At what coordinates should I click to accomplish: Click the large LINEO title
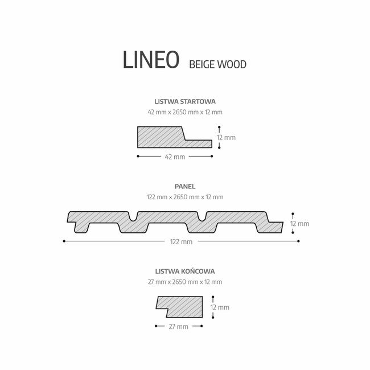coord(151,59)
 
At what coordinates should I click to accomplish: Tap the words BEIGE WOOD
coord(218,64)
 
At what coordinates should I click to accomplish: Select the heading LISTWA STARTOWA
coord(185,102)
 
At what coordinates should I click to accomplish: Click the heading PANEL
coord(185,187)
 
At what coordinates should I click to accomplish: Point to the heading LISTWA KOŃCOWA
coord(185,272)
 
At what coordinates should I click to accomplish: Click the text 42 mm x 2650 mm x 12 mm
coord(185,112)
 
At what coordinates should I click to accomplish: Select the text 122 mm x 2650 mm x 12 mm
coord(185,197)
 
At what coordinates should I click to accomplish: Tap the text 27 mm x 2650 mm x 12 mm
coord(185,282)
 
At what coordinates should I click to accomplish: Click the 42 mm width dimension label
coord(175,157)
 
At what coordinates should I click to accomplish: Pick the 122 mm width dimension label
coord(181,242)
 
